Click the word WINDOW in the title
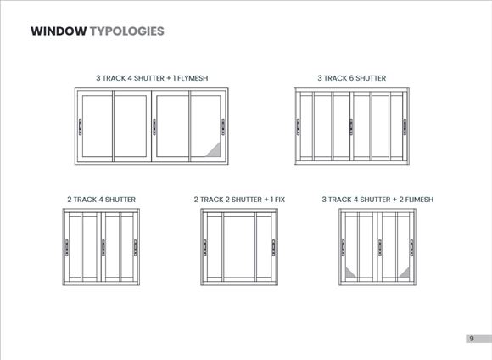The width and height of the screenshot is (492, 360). pyautogui.click(x=59, y=31)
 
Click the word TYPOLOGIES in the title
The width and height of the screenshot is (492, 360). pyautogui.click(x=127, y=31)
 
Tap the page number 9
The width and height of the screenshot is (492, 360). pyautogui.click(x=472, y=339)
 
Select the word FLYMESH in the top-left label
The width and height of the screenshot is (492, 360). pyautogui.click(x=193, y=78)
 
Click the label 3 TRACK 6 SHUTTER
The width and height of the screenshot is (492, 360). pyautogui.click(x=352, y=78)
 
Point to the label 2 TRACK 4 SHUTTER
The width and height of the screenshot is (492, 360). pyautogui.click(x=101, y=200)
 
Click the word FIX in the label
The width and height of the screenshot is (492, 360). pyautogui.click(x=280, y=200)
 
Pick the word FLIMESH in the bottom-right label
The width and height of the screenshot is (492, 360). pyautogui.click(x=419, y=200)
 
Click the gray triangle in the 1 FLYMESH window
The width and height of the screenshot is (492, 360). pyautogui.click(x=215, y=151)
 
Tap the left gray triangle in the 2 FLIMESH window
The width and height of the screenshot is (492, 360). pyautogui.click(x=349, y=274)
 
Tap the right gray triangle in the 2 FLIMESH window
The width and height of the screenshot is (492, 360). pyautogui.click(x=405, y=274)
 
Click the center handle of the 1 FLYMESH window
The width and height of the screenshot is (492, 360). pyautogui.click(x=154, y=127)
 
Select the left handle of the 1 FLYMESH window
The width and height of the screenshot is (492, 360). pyautogui.click(x=80, y=127)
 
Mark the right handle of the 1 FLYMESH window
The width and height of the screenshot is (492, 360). pyautogui.click(x=223, y=127)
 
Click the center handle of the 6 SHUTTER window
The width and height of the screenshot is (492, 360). pyautogui.click(x=351, y=127)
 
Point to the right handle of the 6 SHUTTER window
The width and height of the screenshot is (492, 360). pyautogui.click(x=405, y=127)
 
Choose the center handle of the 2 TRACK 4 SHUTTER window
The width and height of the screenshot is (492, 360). pyautogui.click(x=103, y=248)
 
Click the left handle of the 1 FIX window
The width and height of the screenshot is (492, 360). pyautogui.click(x=205, y=248)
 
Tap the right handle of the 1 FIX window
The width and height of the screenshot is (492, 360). pyautogui.click(x=274, y=248)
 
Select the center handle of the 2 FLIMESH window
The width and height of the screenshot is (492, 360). pyautogui.click(x=380, y=248)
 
